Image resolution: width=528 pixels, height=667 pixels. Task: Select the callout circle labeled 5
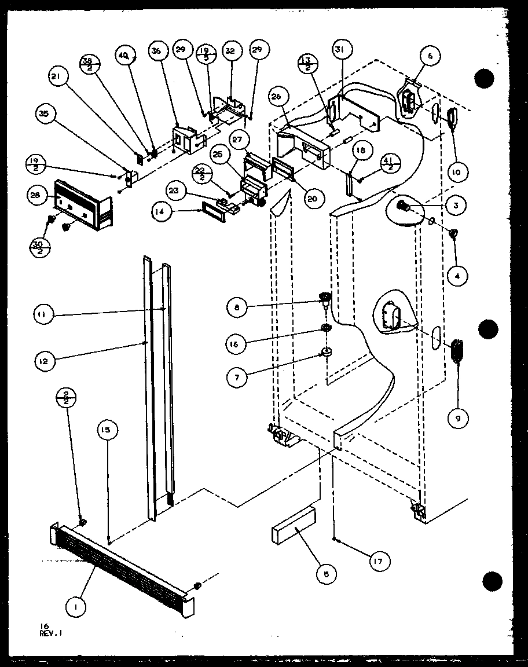tap(327, 574)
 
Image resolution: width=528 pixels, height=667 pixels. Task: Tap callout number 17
tap(379, 560)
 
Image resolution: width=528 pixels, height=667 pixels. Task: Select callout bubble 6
tap(430, 56)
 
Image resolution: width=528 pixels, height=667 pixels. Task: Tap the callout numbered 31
tap(339, 50)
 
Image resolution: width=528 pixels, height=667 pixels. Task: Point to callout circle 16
tap(237, 343)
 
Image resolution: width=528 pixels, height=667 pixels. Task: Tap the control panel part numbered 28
tap(81, 203)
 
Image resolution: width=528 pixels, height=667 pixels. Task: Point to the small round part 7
tap(327, 352)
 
